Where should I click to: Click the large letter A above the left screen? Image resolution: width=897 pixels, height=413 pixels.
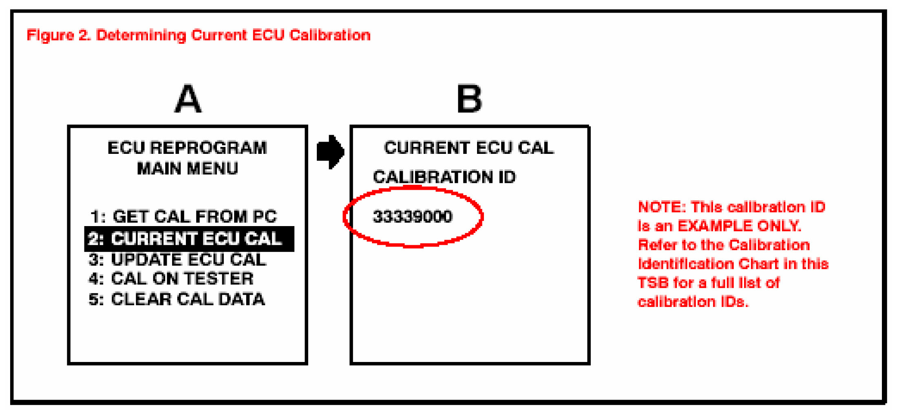tap(188, 99)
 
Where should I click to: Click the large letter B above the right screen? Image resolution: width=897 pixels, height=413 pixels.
tap(469, 99)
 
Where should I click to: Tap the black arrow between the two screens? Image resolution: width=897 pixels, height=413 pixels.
tap(330, 152)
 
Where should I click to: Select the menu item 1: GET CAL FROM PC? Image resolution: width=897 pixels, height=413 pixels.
tap(183, 217)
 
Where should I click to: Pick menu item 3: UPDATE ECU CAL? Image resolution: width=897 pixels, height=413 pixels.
tap(178, 260)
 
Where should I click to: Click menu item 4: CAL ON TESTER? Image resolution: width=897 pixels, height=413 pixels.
tap(171, 279)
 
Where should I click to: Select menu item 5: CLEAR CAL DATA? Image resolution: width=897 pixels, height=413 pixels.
tap(177, 300)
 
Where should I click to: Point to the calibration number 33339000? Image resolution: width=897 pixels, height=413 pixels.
tap(412, 217)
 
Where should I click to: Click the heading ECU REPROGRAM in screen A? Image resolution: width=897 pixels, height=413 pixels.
tap(187, 148)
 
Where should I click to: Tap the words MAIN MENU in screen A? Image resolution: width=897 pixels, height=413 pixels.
tap(187, 169)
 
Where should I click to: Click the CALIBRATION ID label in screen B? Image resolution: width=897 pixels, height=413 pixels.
tap(444, 177)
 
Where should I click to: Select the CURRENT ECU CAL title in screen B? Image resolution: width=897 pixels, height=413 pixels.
tap(469, 148)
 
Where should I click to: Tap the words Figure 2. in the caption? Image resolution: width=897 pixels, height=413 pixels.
tap(58, 36)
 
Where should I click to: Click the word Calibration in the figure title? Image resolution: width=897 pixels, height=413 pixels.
tap(330, 36)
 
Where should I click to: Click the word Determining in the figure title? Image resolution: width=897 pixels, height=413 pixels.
tap(141, 36)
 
